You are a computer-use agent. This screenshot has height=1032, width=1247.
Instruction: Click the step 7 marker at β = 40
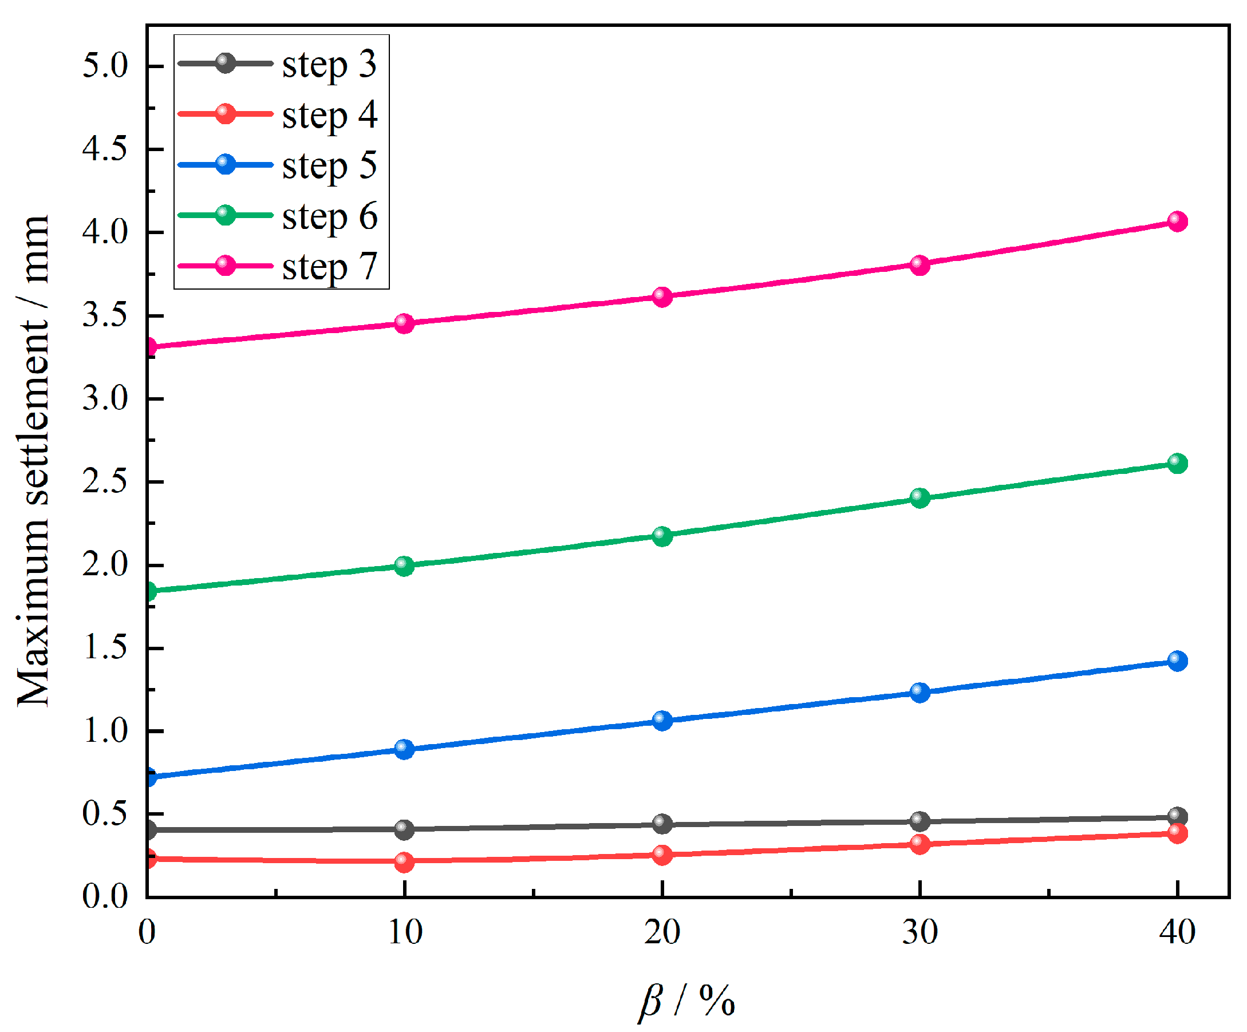(1177, 221)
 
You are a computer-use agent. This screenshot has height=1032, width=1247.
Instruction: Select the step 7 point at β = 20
(662, 296)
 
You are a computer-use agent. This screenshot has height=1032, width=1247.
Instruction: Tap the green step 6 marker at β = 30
(919, 497)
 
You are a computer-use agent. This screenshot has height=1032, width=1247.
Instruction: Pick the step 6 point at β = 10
(404, 566)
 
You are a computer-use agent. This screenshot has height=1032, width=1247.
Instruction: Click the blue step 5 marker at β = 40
(1177, 661)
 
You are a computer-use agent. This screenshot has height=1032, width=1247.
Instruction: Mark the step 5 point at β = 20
(662, 720)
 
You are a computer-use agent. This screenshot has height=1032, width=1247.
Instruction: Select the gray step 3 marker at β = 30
(919, 821)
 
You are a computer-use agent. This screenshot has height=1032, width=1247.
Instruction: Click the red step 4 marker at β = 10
(404, 861)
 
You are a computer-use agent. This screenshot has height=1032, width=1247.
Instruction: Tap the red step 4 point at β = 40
(1177, 833)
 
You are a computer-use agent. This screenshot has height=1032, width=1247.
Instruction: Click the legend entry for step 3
(329, 64)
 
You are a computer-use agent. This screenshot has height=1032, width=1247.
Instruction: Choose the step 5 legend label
(329, 165)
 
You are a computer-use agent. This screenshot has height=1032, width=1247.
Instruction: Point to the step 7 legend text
(329, 266)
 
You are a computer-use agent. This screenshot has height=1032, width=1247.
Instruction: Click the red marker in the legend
(225, 113)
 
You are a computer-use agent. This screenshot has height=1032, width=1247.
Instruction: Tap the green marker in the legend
(225, 215)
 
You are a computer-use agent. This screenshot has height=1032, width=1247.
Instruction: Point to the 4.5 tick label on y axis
(105, 148)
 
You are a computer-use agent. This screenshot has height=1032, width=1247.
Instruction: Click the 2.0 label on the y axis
(105, 564)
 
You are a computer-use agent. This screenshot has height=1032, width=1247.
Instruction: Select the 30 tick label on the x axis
(919, 932)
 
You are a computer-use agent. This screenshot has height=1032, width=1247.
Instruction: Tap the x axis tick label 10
(404, 932)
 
